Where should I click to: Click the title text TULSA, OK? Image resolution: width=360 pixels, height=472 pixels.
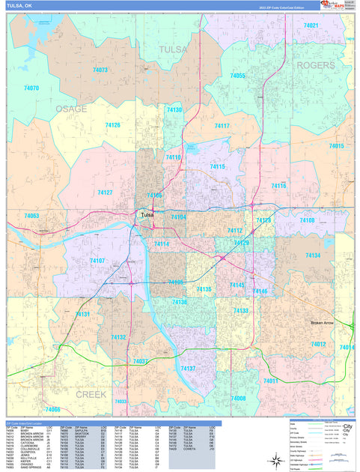point(19,5)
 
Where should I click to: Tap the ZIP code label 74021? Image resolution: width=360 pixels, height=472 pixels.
point(311,25)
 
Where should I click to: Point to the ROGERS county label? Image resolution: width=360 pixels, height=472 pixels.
point(316,65)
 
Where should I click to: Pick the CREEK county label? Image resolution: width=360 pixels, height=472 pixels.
point(91,393)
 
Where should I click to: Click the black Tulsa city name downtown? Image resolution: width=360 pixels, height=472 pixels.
point(147,216)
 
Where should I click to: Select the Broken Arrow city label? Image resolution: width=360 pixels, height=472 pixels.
point(326,323)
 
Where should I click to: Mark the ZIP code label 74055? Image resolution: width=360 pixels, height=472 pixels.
point(237,76)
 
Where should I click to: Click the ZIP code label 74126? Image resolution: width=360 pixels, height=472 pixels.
point(113,125)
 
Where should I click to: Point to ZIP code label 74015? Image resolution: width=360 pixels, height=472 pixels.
point(336,146)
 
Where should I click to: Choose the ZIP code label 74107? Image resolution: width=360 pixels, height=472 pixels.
point(97,260)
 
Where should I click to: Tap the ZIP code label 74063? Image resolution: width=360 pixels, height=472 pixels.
point(31,216)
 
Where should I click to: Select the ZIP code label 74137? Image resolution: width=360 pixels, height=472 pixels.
point(188,368)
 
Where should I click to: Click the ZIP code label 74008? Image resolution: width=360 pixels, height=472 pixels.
point(238,398)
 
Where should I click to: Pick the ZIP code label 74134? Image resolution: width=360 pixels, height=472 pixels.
point(313,255)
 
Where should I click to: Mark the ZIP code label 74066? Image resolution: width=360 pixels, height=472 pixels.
point(52,410)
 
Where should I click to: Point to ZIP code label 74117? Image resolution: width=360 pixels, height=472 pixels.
point(222,126)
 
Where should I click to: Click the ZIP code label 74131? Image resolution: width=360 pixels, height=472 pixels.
point(82,314)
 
